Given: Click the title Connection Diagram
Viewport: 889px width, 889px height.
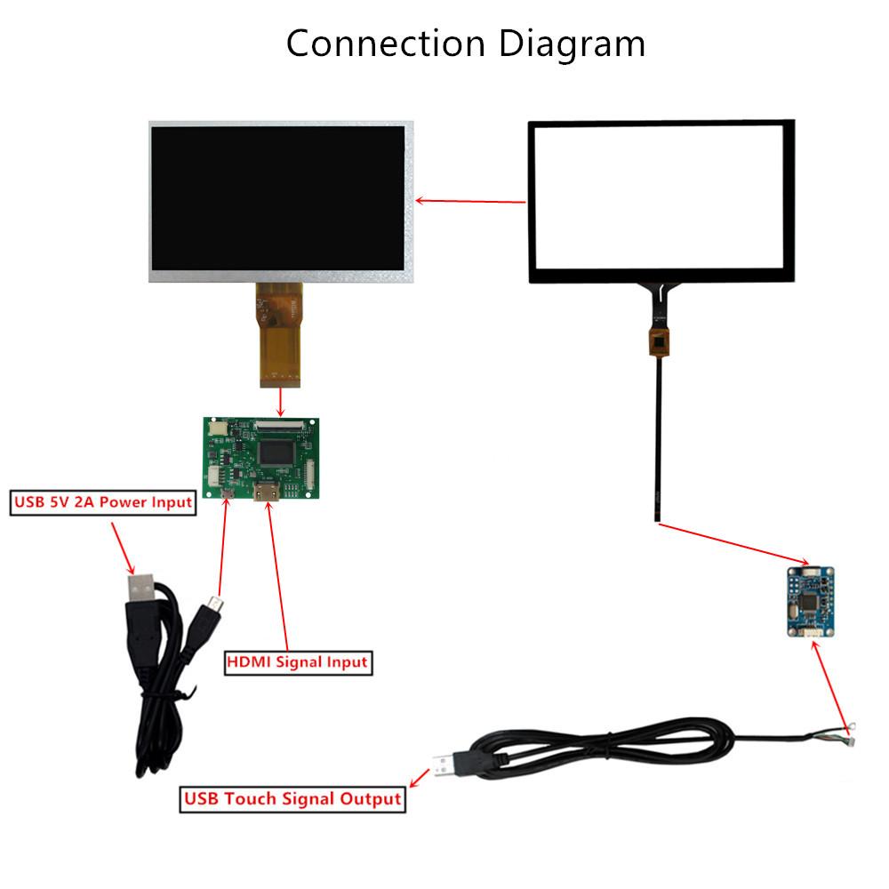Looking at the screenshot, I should pos(465,44).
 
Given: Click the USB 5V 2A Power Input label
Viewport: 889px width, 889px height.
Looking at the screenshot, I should pos(102,502).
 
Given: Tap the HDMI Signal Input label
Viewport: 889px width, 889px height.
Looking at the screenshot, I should pos(297,661).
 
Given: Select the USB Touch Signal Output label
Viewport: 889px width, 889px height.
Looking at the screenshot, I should pos(292,798).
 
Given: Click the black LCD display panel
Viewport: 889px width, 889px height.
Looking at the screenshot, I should pos(278,197).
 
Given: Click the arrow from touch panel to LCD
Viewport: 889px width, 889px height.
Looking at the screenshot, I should pos(470,201).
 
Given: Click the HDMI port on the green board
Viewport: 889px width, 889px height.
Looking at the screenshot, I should pos(268,494).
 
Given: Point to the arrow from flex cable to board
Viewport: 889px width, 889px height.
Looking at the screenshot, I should pos(282,402).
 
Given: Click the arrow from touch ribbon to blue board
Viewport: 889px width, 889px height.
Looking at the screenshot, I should pos(734,543).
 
